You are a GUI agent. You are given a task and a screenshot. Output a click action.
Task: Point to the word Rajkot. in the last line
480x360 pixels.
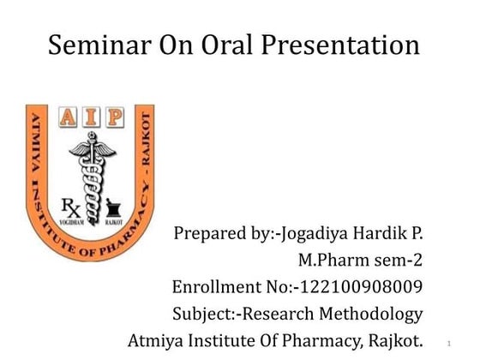395,340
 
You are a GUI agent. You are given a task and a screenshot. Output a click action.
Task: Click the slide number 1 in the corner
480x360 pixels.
449,344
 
